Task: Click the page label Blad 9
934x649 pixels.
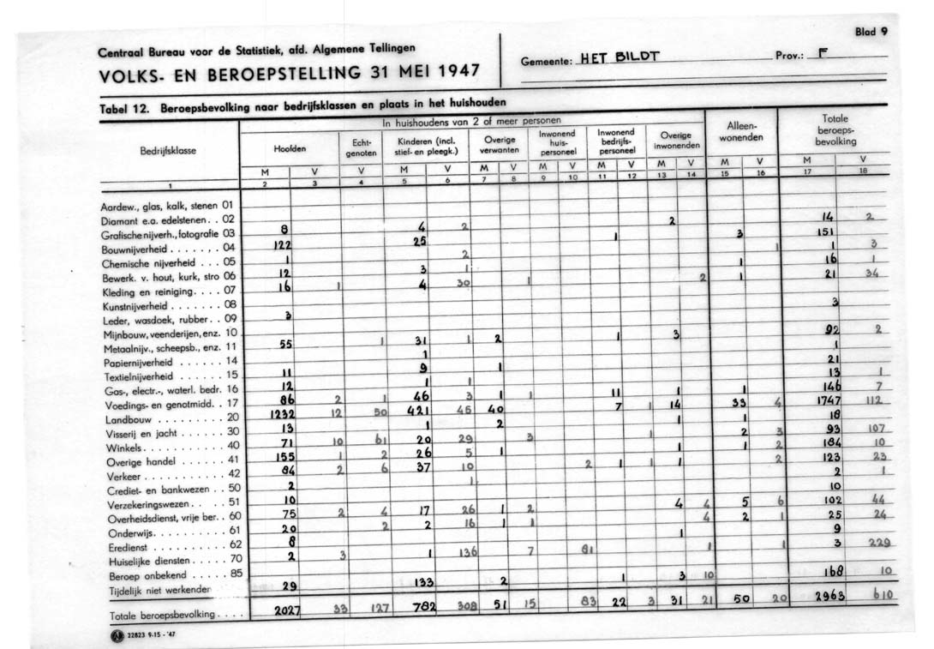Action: (x=871, y=32)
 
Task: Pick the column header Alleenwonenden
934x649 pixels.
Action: (x=740, y=131)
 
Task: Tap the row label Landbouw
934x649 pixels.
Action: (x=130, y=420)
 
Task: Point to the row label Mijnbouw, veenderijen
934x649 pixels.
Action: (x=159, y=332)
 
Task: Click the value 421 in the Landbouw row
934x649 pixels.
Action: (x=416, y=411)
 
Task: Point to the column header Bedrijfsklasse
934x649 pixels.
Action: (x=168, y=150)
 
